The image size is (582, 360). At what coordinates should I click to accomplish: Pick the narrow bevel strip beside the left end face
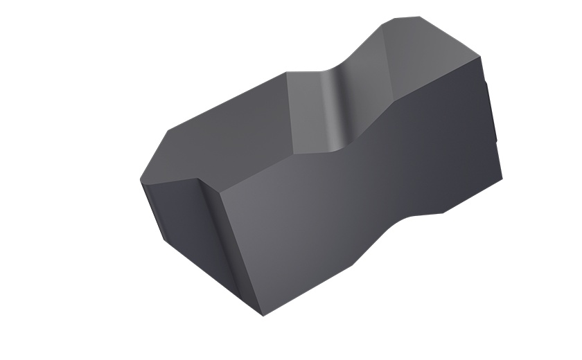pos(211,235)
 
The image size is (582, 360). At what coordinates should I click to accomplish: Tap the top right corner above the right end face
pos(480,57)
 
